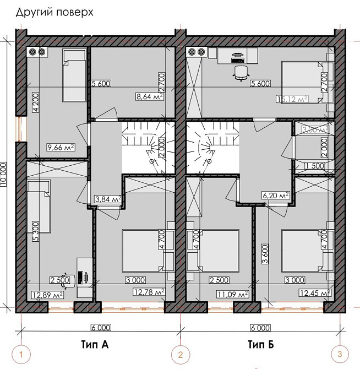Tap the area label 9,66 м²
click(x=62, y=147)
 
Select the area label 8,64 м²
click(x=148, y=95)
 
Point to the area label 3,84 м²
click(x=108, y=199)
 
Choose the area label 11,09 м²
click(x=234, y=294)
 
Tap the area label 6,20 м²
click(x=276, y=195)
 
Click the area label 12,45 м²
click(x=314, y=292)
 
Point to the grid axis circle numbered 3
click(x=340, y=352)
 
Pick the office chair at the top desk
click(x=241, y=72)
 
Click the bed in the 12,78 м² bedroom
click(x=140, y=251)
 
